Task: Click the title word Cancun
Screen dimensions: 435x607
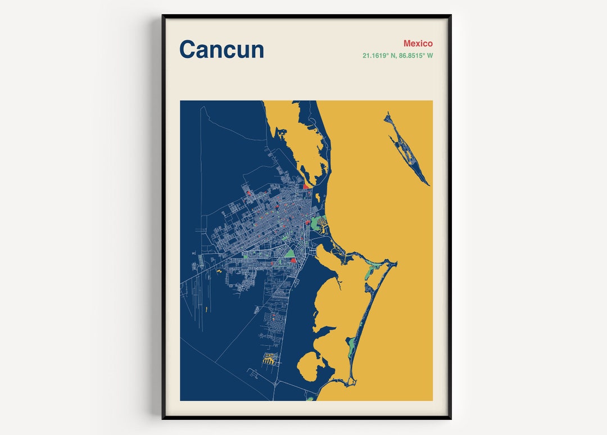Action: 221,49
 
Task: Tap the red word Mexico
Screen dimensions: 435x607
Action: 418,43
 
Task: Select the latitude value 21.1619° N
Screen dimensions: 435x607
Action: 379,56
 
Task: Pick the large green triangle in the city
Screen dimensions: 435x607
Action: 291,253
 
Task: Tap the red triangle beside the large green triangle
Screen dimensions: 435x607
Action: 293,260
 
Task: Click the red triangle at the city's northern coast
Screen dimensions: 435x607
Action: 306,187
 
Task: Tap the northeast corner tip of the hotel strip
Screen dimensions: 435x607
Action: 396,262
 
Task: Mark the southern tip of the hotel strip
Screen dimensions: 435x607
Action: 352,383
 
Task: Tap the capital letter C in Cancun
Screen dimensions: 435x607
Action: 189,49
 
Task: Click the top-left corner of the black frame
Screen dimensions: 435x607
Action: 163,16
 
